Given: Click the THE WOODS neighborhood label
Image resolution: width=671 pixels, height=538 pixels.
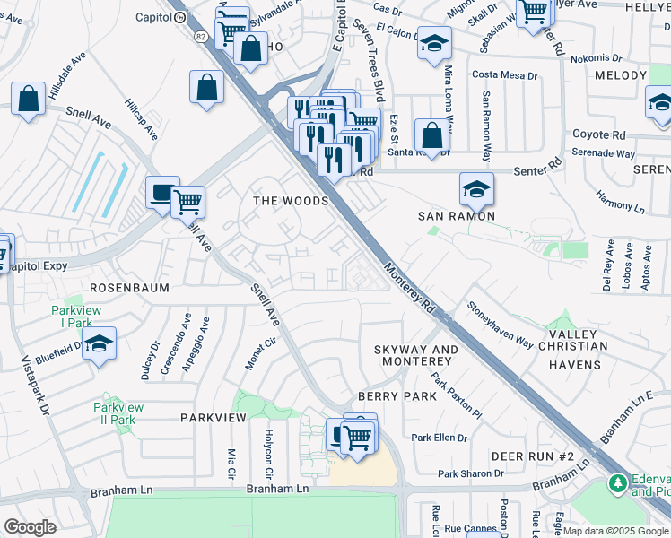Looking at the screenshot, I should click(291, 201).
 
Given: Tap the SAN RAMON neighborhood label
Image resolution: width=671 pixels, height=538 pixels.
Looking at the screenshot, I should click(457, 216).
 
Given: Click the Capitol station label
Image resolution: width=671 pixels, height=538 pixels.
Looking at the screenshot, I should click(152, 17).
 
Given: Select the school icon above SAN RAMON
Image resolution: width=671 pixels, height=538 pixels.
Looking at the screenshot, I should click(476, 188).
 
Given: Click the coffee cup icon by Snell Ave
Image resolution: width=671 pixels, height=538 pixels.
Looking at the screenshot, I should click(162, 193).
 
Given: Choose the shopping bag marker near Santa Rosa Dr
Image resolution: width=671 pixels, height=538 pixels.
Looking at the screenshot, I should click(431, 135).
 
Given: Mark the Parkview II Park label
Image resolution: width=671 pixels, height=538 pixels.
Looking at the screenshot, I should click(118, 413).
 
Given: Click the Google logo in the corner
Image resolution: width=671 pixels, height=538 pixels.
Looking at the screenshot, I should click(30, 527).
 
